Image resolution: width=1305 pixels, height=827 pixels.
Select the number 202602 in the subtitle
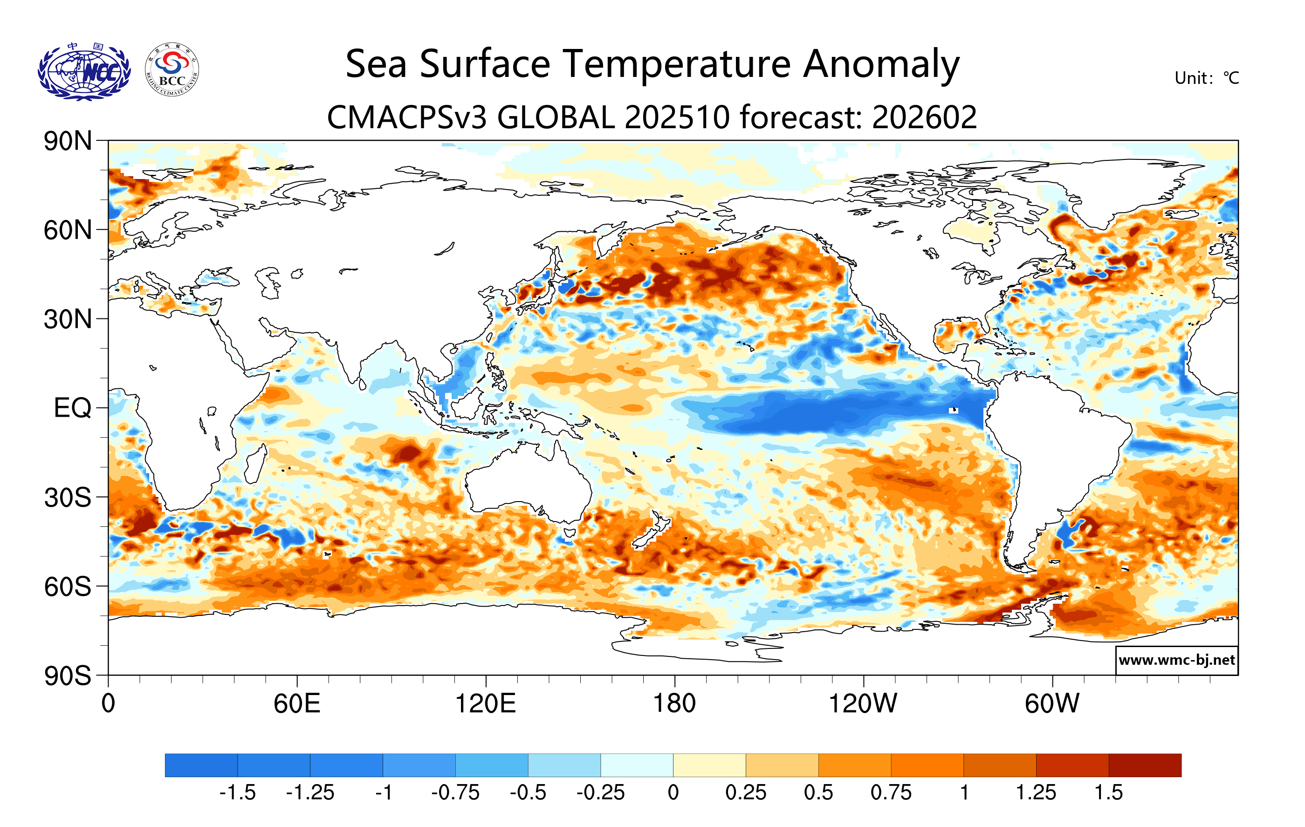[925, 117]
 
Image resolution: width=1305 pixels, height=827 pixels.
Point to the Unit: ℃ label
[1206, 78]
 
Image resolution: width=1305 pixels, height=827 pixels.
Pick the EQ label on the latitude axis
[72, 408]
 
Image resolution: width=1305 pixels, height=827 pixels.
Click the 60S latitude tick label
[68, 586]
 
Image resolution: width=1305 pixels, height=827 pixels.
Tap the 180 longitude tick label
[674, 703]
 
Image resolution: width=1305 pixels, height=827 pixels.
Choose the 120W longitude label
[863, 703]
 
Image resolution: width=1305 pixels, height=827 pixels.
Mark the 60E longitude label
[297, 703]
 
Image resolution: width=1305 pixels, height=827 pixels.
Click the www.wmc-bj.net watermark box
[1176, 660]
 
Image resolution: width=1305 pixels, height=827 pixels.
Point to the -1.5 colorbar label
[237, 793]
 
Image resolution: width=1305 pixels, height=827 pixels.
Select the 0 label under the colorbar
[673, 793]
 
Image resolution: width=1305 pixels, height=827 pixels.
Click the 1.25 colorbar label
[1036, 793]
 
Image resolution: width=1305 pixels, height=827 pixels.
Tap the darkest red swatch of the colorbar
[1145, 765]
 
